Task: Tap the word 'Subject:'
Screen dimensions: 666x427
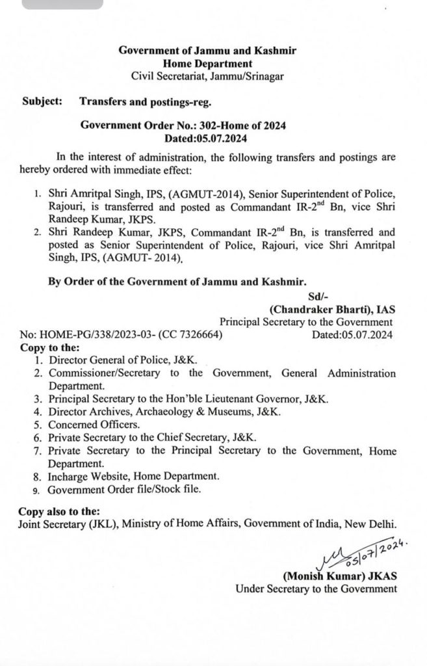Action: coord(42,101)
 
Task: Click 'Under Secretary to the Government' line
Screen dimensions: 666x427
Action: coord(316,589)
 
